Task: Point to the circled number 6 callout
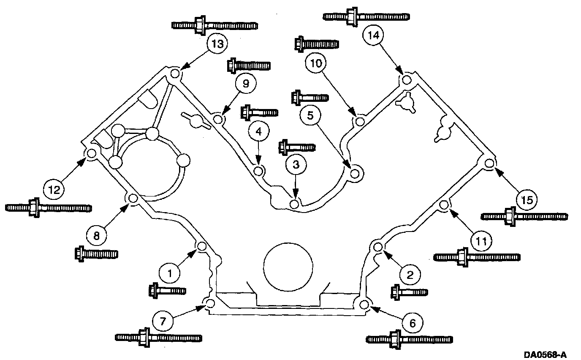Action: pyautogui.click(x=412, y=323)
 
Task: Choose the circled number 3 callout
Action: pyautogui.click(x=296, y=163)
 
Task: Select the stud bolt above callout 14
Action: pyautogui.click(x=366, y=16)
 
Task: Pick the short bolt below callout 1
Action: pyautogui.click(x=167, y=290)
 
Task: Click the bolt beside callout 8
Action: pyautogui.click(x=96, y=254)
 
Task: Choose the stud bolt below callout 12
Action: pyautogui.click(x=49, y=208)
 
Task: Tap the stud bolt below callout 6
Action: pyautogui.click(x=409, y=339)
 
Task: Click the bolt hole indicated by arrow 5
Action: pyautogui.click(x=356, y=174)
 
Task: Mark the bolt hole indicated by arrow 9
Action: pyautogui.click(x=217, y=120)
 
